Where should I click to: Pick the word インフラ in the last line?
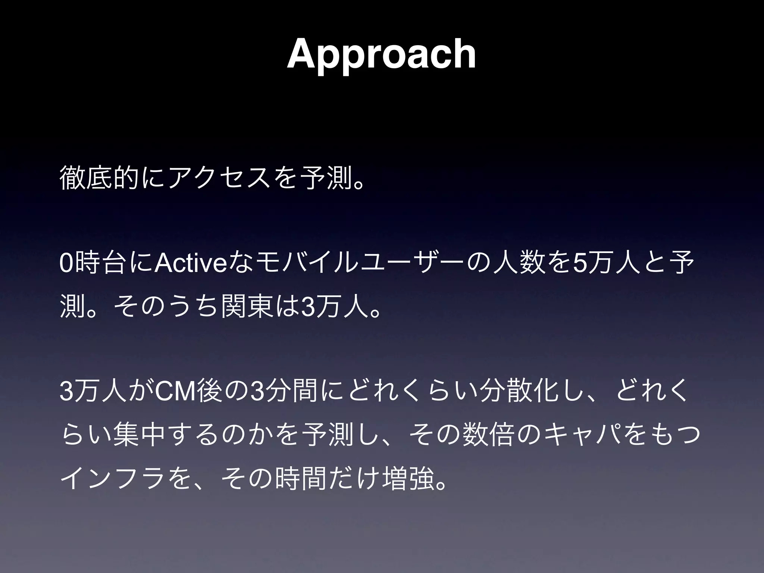(112, 478)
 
